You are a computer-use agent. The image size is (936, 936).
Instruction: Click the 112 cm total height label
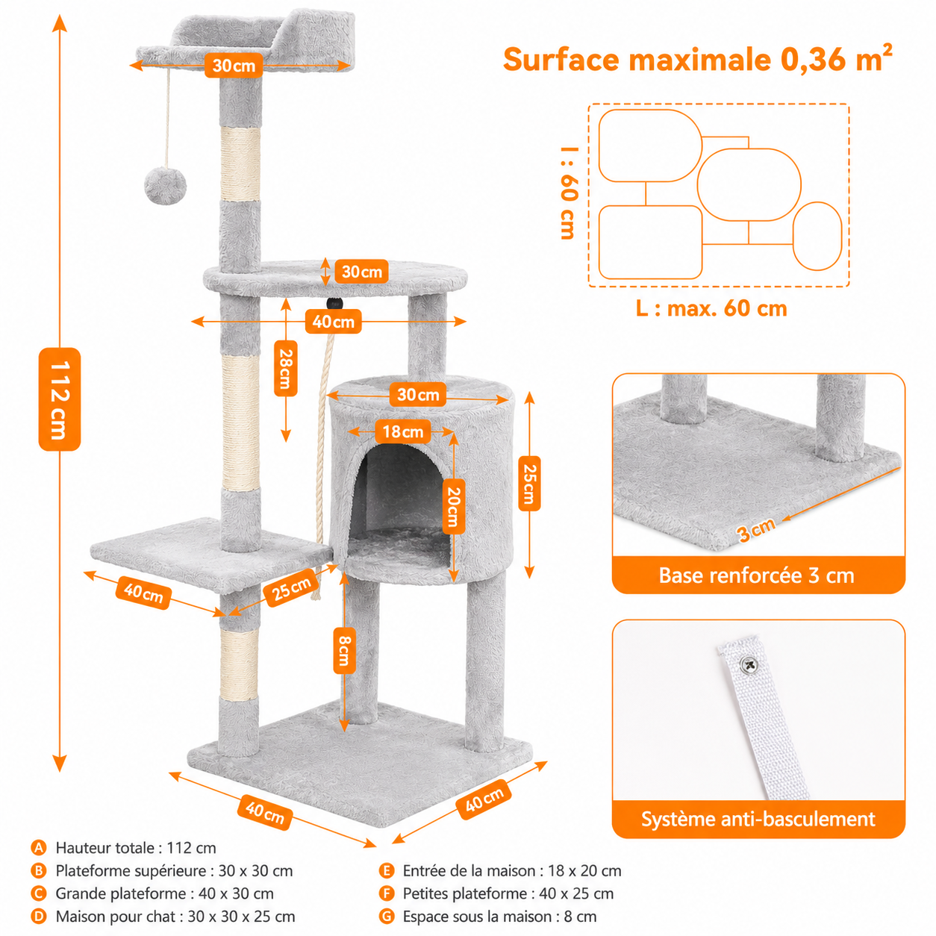pos(59,399)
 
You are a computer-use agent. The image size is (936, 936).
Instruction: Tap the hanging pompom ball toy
pos(165,186)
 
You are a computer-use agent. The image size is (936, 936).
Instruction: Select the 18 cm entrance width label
pos(402,431)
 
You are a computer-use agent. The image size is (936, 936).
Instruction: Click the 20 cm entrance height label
pos(454,507)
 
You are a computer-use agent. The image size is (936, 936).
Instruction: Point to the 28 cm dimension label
pos(286,368)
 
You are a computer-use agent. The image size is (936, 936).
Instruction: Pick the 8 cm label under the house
pos(344,650)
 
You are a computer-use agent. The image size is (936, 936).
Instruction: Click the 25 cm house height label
pos(529,483)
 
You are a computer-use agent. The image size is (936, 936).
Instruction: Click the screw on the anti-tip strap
pos(749,664)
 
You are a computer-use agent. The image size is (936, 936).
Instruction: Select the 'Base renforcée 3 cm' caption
pos(756,575)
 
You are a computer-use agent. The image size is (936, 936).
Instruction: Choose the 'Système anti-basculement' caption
pos(758,819)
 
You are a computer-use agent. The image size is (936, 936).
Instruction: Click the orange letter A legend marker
pos(38,848)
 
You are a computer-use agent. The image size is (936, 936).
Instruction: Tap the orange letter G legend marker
pos(387,917)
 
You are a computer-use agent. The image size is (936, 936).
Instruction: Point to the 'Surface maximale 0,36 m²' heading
pos(697,58)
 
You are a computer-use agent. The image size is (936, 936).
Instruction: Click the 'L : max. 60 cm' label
pos(711,308)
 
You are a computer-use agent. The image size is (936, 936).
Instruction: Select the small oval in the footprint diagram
pos(817,236)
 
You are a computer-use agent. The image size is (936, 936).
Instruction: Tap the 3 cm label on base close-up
pos(756,529)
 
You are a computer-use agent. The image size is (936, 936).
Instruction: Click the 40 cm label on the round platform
pos(333,322)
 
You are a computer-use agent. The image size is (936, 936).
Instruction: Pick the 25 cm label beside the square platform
pos(291,590)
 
